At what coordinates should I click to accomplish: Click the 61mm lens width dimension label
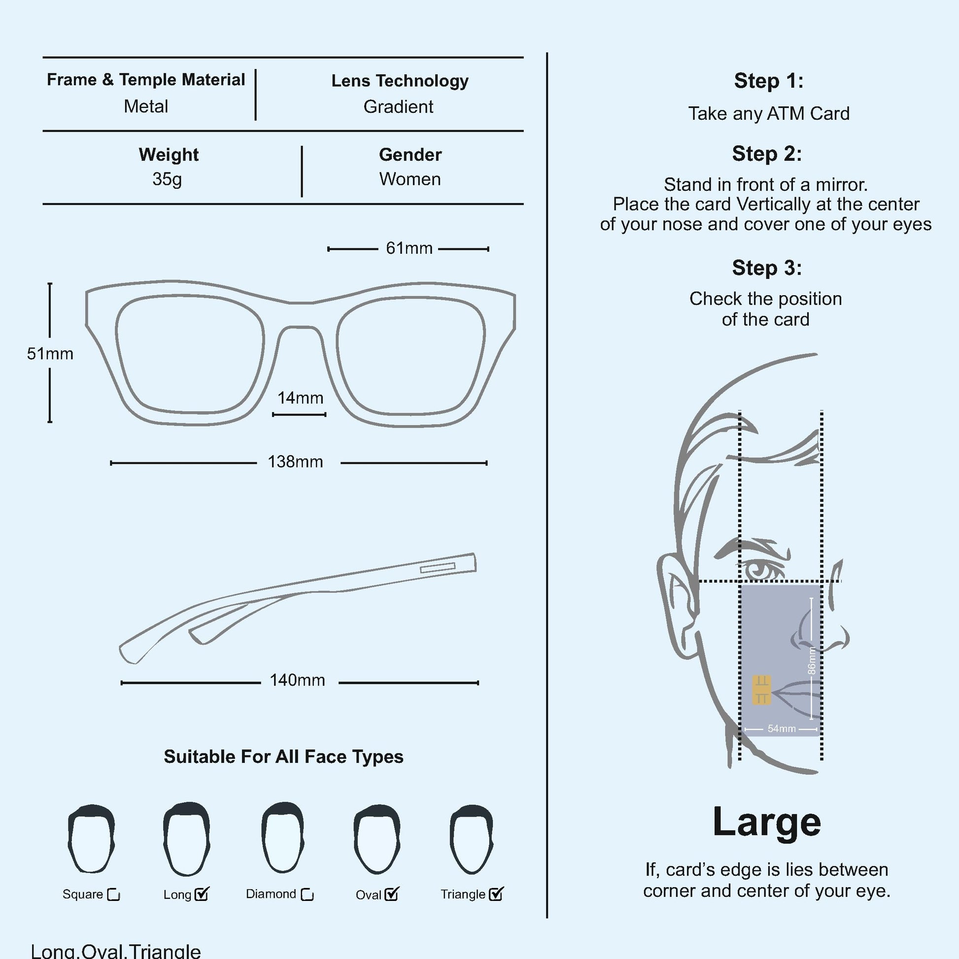(x=409, y=248)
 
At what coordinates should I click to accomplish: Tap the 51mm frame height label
(x=50, y=354)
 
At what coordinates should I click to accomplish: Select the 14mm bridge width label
(x=300, y=398)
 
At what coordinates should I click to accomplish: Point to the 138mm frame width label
(x=295, y=462)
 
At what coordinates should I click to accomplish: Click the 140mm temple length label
(x=297, y=681)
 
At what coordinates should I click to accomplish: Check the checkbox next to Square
(x=114, y=895)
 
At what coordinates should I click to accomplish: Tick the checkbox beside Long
(x=202, y=894)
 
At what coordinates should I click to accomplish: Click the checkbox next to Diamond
(x=307, y=894)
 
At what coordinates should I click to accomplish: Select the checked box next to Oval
(x=391, y=894)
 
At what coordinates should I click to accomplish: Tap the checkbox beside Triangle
(x=495, y=894)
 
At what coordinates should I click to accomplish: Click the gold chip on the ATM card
(x=761, y=689)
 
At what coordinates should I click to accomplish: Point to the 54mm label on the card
(x=781, y=729)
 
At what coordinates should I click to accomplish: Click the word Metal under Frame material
(x=146, y=106)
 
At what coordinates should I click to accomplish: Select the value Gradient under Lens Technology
(x=398, y=107)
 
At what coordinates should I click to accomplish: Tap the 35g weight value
(x=167, y=179)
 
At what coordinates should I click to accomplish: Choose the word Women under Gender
(x=410, y=179)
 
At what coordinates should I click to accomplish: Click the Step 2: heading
(x=766, y=154)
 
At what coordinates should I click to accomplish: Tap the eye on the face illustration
(x=759, y=569)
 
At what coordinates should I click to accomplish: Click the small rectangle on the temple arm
(x=437, y=568)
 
